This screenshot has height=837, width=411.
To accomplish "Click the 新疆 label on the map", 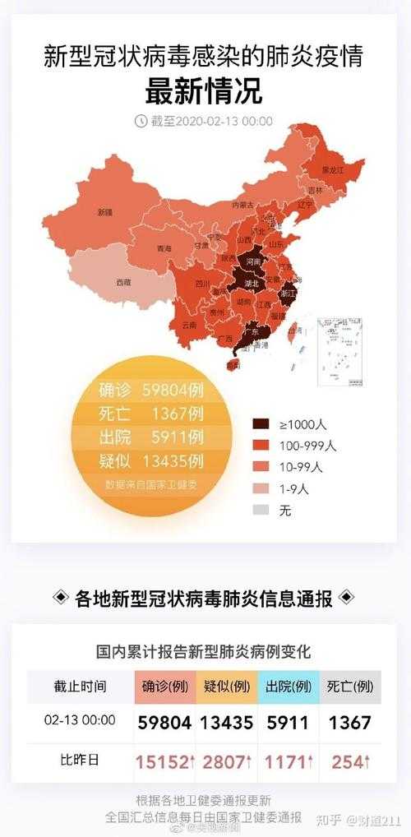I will [x=105, y=211].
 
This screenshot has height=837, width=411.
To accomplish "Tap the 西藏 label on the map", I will [x=122, y=282].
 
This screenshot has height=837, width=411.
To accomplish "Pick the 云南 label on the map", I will [x=190, y=325].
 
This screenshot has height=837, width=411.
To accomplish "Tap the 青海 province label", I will [x=164, y=248].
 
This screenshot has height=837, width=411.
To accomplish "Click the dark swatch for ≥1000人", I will [x=261, y=424].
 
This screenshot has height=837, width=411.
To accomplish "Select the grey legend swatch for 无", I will [x=261, y=510].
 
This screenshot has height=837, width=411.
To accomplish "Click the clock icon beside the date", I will [x=141, y=121].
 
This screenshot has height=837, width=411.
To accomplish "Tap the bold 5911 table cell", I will [x=288, y=724].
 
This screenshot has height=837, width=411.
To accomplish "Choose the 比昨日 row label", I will [x=81, y=761].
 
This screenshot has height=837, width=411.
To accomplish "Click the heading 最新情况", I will [x=204, y=90].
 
